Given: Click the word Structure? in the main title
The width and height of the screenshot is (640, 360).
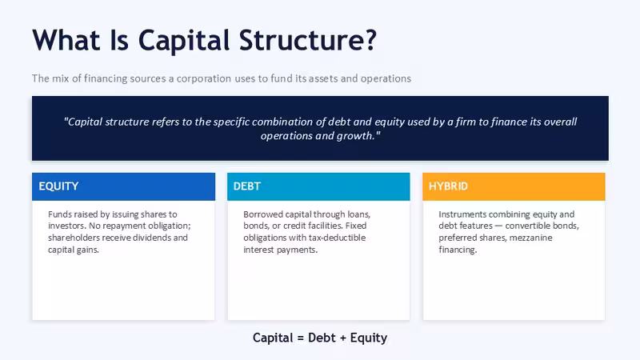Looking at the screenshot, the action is click(307, 40).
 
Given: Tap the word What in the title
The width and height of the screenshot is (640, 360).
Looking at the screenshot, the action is click(66, 40).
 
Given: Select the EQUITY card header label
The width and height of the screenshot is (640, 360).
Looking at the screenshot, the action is click(58, 186).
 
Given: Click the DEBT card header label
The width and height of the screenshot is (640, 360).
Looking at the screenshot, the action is click(247, 186).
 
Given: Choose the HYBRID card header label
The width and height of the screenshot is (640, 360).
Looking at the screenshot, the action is click(448, 186).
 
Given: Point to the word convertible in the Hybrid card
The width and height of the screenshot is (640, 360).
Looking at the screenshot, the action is click(526, 226).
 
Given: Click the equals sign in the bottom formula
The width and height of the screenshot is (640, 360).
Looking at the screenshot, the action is click(301, 338).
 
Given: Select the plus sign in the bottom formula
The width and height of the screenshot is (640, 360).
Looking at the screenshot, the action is click(342, 338).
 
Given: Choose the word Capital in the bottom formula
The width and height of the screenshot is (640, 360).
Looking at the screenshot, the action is click(273, 338).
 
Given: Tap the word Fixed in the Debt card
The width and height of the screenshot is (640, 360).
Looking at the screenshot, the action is click(356, 226).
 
